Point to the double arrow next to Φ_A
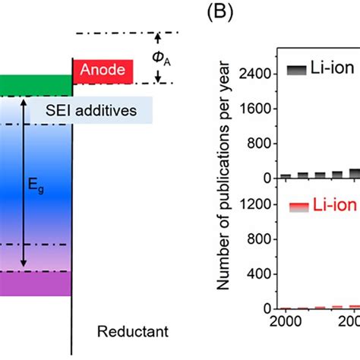coord(158,58)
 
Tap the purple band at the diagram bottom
coord(35,283)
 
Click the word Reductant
coord(134,331)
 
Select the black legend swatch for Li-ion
coord(296,70)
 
